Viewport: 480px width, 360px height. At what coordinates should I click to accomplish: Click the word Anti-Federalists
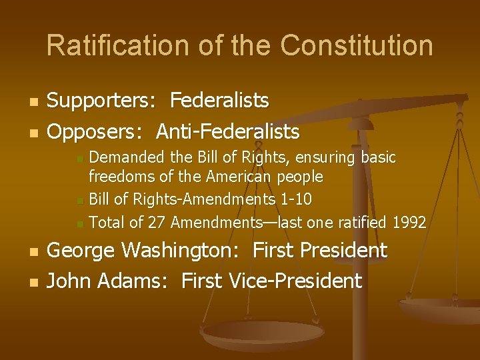[x=228, y=132]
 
